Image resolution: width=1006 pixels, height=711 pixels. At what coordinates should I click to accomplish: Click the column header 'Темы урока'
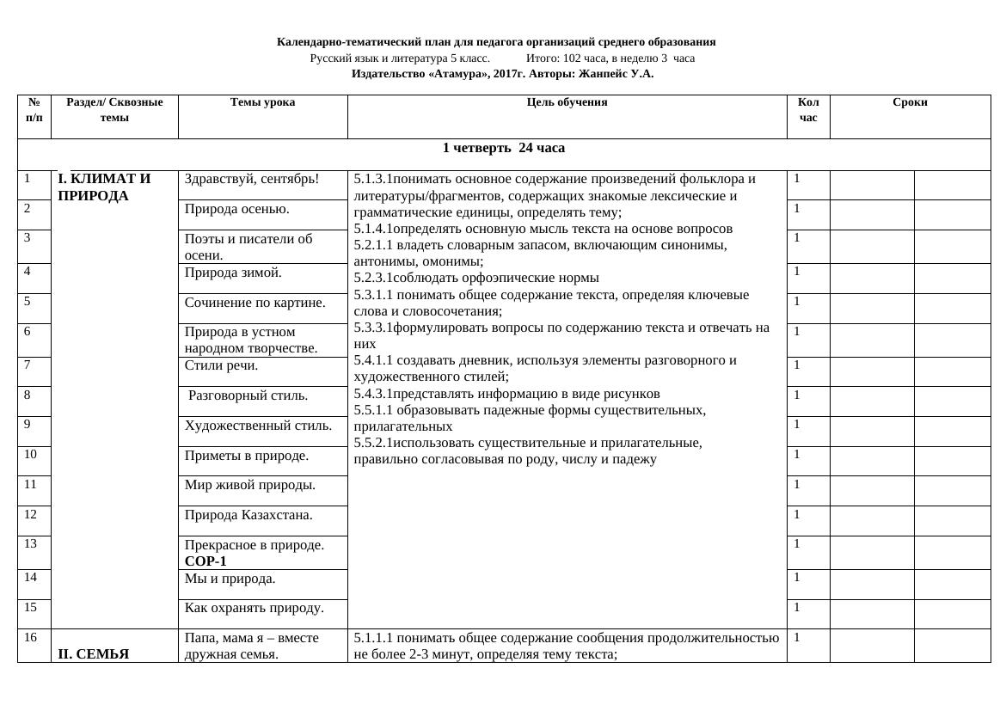[262, 102]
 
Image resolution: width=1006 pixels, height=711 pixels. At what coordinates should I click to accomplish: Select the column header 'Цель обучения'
[567, 102]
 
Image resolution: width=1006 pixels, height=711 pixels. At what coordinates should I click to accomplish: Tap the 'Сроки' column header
[910, 102]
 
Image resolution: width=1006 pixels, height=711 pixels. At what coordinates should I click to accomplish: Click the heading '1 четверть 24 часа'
[503, 148]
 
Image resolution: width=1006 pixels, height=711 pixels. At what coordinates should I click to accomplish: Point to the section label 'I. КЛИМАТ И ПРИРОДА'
[104, 187]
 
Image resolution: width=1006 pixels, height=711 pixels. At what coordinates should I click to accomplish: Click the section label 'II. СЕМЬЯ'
[93, 654]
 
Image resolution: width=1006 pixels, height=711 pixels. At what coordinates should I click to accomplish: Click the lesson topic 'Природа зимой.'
[233, 273]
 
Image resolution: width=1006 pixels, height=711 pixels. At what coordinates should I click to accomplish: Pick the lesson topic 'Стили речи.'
[221, 366]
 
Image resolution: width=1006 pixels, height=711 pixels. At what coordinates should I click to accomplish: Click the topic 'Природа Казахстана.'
[248, 515]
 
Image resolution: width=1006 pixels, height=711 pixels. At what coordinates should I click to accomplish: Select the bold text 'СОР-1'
[205, 561]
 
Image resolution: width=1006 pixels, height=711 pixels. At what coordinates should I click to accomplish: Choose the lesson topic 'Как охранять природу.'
[254, 609]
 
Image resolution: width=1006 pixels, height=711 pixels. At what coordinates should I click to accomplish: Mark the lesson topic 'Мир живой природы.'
[249, 485]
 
